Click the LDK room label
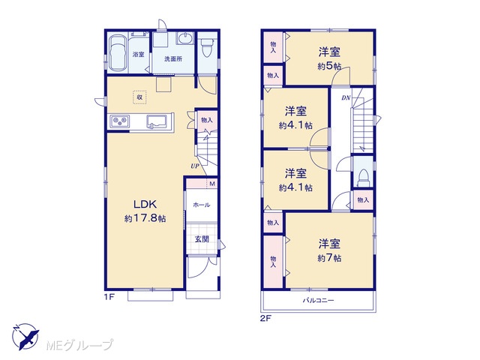(145, 204)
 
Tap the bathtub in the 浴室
(118, 53)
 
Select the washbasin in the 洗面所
(185, 38)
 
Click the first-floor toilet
(207, 47)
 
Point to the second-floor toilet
(363, 178)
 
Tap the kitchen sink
(157, 121)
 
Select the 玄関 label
(202, 239)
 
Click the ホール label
(202, 205)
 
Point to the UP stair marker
(195, 166)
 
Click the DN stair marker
(346, 98)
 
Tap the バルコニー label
(318, 300)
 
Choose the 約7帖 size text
(329, 258)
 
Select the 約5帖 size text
(329, 66)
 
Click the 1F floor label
(109, 297)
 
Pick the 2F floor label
(265, 318)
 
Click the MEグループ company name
(79, 345)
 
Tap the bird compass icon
(25, 337)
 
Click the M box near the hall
(212, 184)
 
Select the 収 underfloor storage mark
(139, 97)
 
